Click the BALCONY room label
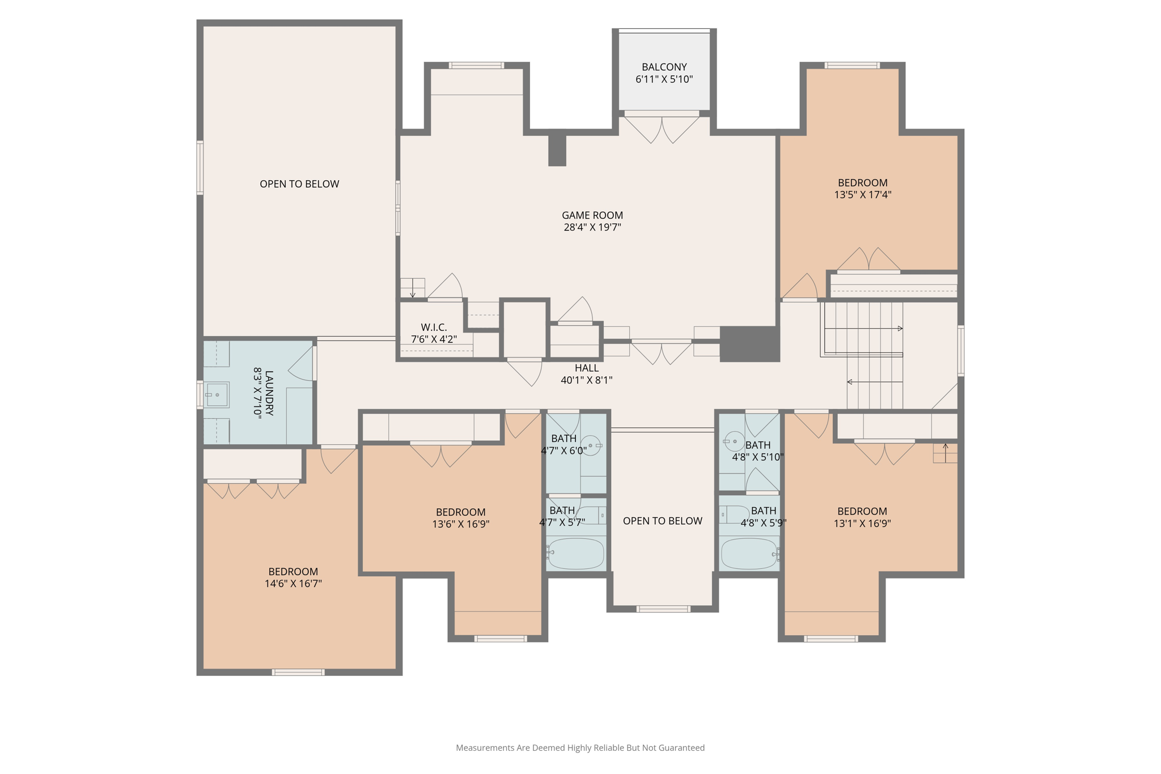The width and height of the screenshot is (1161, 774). point(664,67)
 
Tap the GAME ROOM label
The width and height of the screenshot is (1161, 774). point(592,215)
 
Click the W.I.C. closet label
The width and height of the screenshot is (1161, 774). point(434,328)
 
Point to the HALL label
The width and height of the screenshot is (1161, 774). point(587,368)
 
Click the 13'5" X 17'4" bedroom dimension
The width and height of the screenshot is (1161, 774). point(863,195)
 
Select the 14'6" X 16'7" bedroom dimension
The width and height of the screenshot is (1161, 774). point(293,584)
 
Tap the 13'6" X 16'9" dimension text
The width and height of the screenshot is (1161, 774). point(461,524)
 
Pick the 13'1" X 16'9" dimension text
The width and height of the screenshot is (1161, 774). point(862,524)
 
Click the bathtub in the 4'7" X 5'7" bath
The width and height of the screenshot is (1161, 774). point(576,554)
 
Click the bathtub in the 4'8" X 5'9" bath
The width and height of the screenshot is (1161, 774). point(749,554)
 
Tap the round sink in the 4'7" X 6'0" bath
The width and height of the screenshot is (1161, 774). point(591,446)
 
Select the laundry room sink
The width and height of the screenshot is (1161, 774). point(217,395)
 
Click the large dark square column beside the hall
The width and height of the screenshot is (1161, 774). point(750,344)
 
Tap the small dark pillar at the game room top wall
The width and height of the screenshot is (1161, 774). point(557,148)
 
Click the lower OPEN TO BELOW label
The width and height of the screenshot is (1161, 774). point(663,521)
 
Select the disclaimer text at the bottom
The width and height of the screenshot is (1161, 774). point(580,748)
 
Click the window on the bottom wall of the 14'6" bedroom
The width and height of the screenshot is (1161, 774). point(298,673)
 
